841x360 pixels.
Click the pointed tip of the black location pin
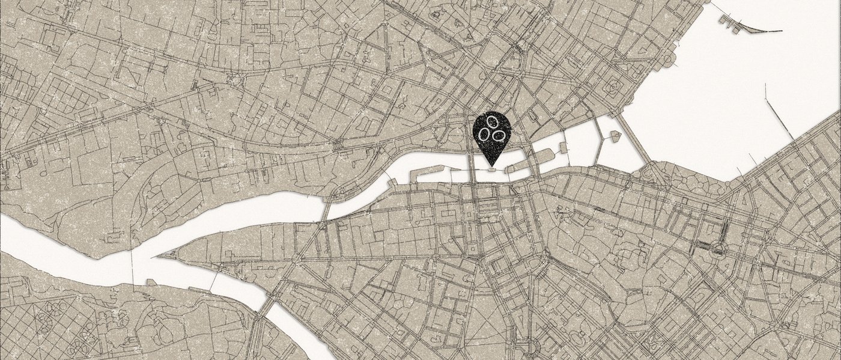(491, 165)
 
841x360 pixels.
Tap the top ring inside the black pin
(491, 122)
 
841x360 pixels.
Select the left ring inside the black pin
(484, 133)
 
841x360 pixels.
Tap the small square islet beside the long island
(562, 147)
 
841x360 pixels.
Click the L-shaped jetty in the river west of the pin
(414, 174)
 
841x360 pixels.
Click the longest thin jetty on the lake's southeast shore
(780, 114)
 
